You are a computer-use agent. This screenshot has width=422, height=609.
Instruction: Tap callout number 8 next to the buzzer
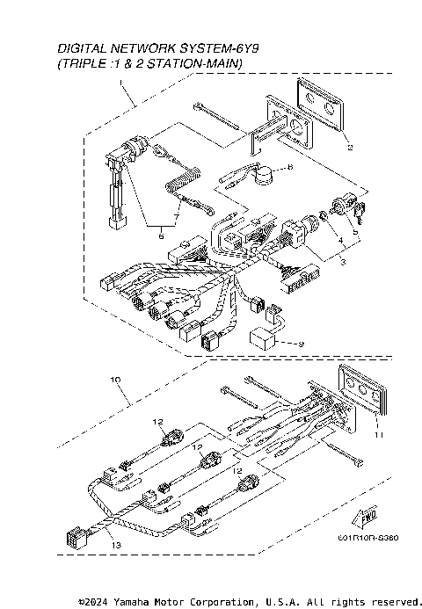[291, 166]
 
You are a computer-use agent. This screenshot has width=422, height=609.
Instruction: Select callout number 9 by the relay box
[302, 344]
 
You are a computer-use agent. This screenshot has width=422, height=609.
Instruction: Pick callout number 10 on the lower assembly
[114, 379]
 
